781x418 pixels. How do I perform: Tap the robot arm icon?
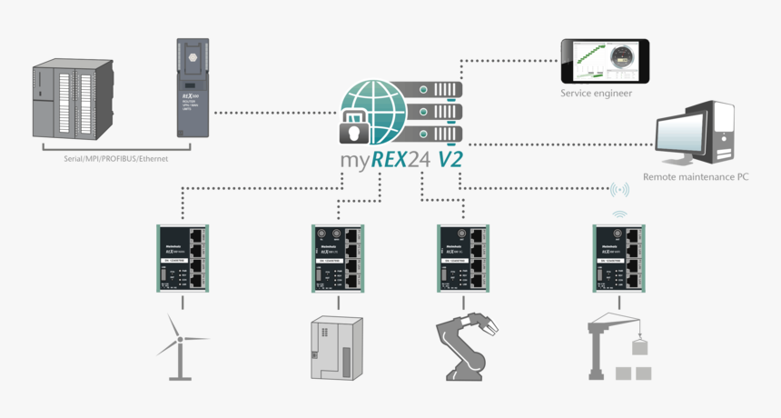[468, 346]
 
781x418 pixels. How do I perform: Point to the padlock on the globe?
[357, 130]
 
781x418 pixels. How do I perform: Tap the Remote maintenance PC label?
[696, 177]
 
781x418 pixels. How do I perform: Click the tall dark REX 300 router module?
[192, 91]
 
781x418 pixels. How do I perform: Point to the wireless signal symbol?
[619, 190]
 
